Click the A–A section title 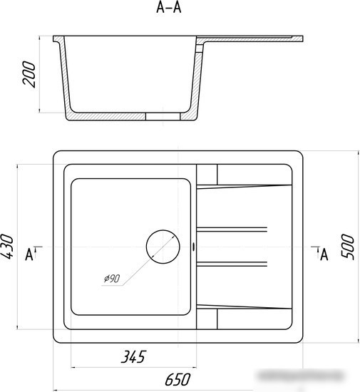click(x=169, y=8)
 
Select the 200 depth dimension click(x=29, y=74)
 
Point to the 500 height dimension click(x=348, y=247)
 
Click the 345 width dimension click(x=133, y=357)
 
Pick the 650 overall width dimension click(x=178, y=379)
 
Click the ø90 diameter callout click(x=112, y=278)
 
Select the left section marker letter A click(x=29, y=254)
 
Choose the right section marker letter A click(x=324, y=254)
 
